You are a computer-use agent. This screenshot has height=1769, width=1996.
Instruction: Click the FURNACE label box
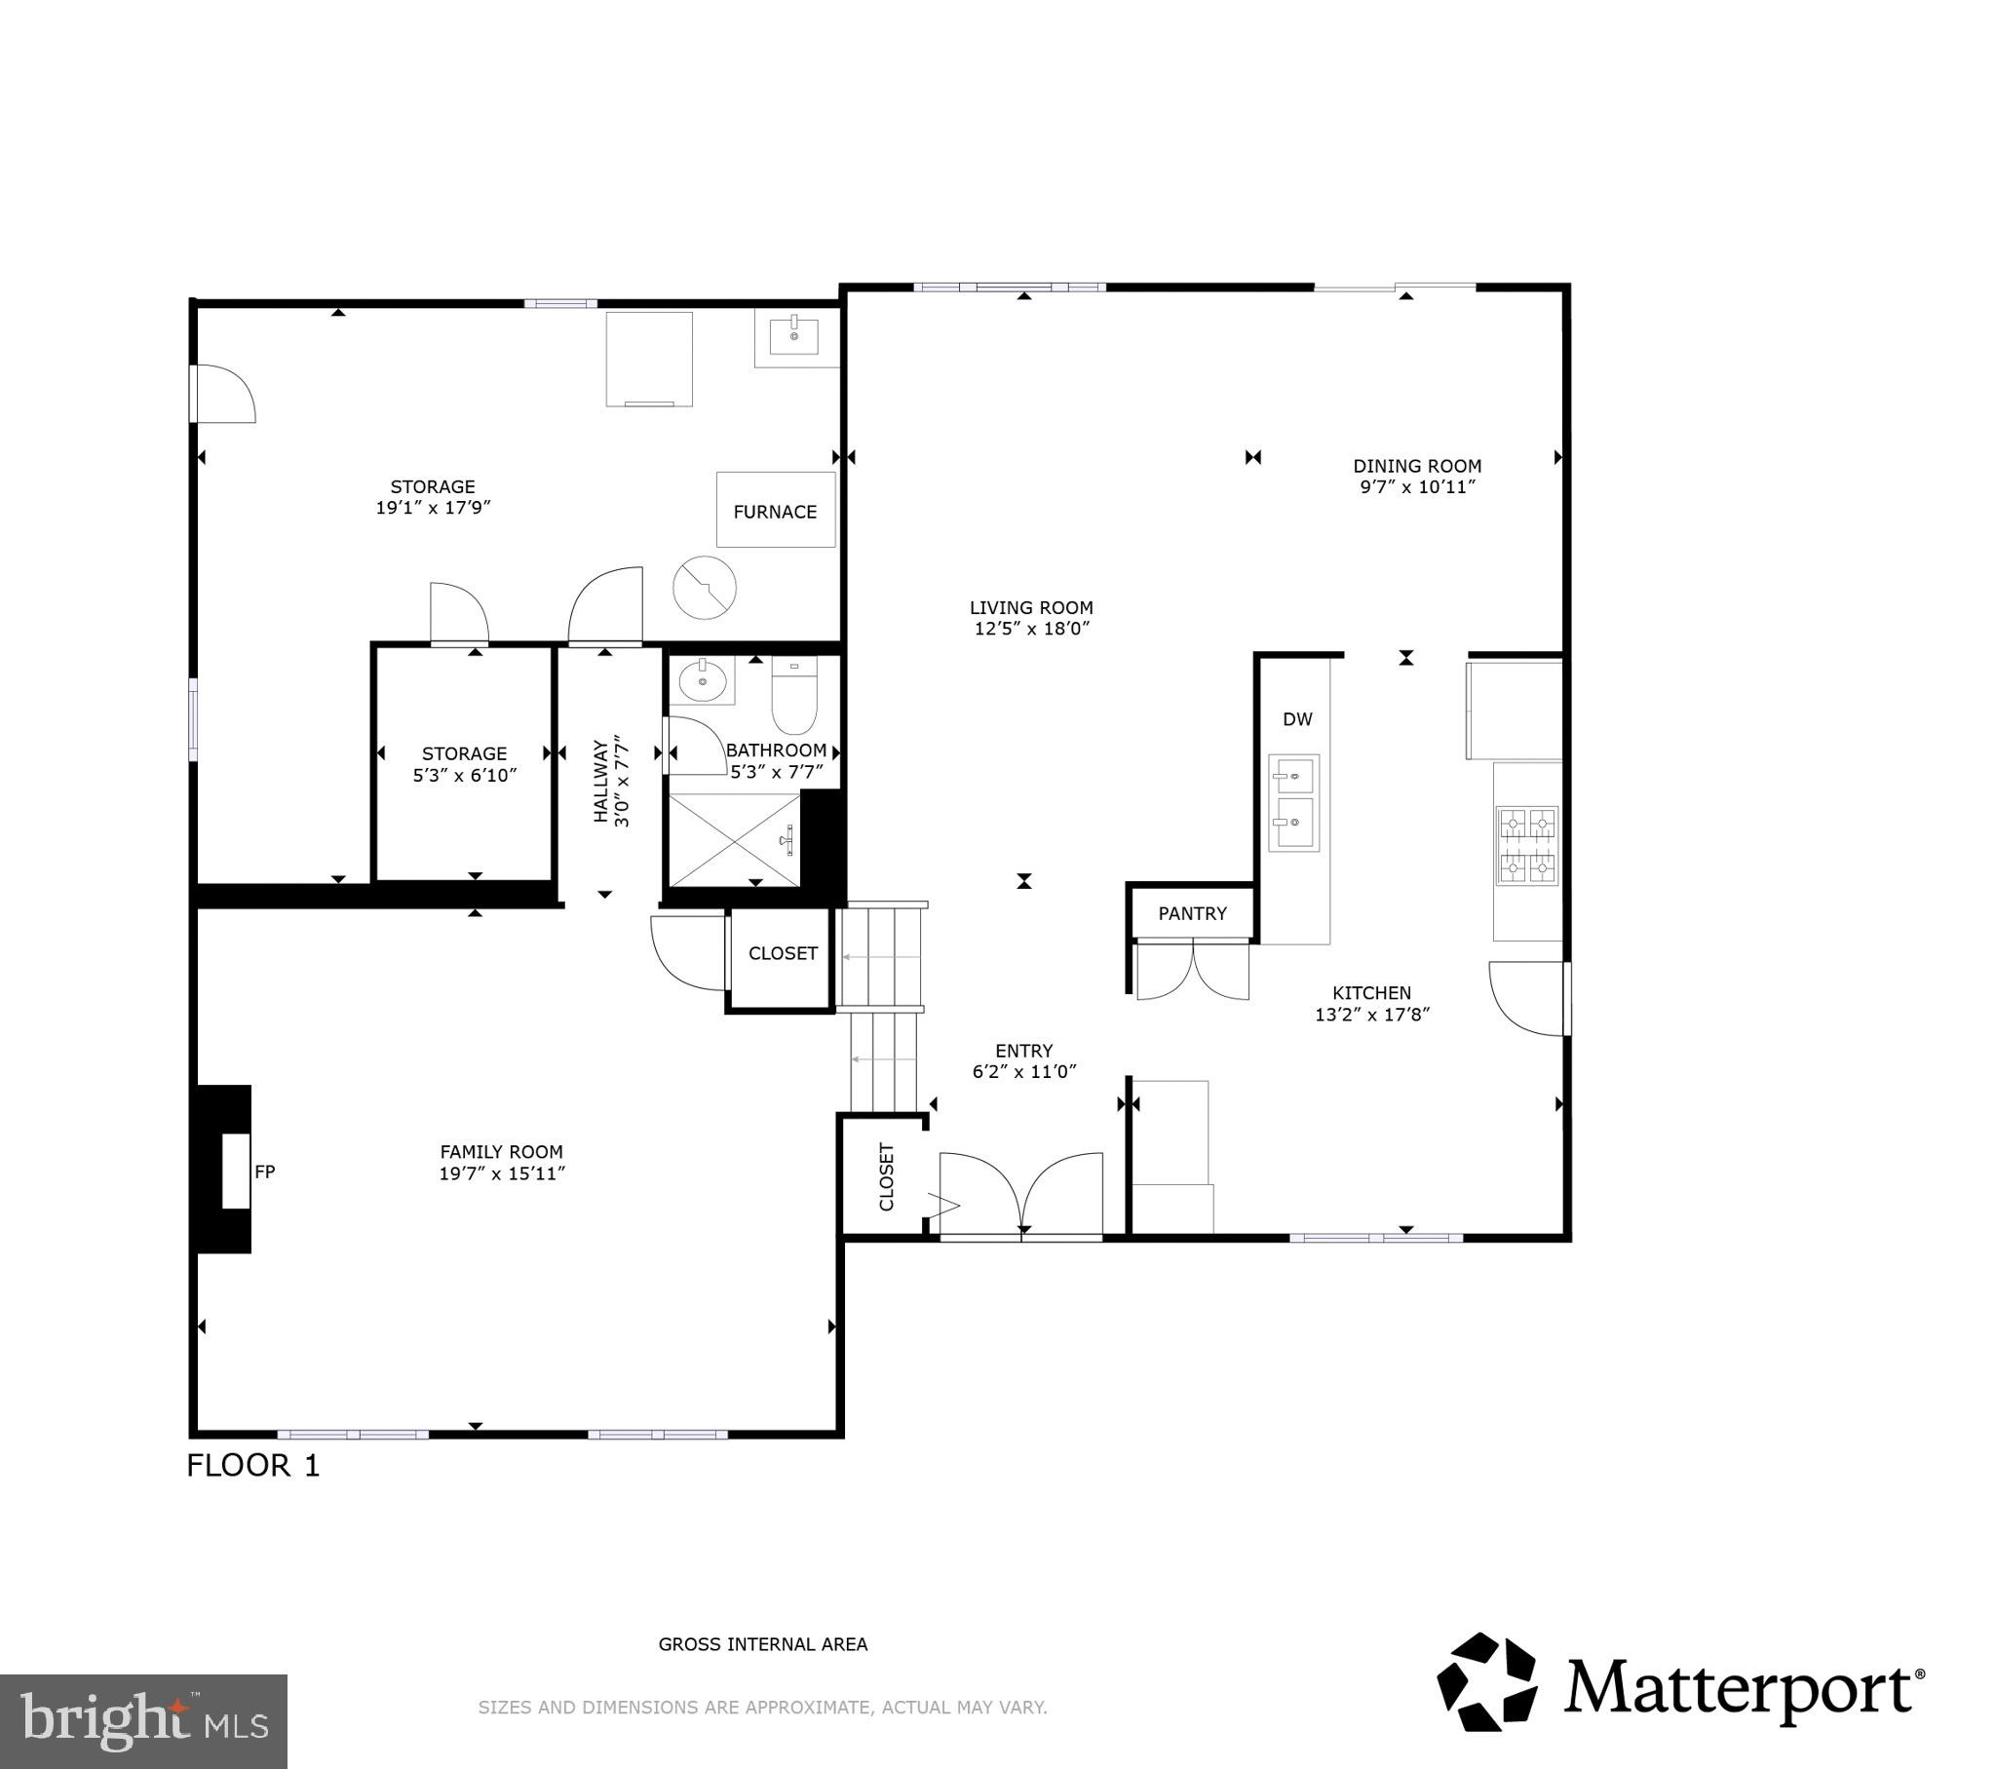coord(776,510)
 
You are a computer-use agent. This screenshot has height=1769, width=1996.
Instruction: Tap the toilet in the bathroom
coord(794,696)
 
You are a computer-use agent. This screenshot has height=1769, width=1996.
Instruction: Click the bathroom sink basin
coord(701,680)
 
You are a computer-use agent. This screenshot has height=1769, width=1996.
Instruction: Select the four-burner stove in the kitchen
coord(1527,846)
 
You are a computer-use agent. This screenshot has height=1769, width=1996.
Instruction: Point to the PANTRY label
coord(1191,913)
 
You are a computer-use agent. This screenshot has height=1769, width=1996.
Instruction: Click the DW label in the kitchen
coord(1297,719)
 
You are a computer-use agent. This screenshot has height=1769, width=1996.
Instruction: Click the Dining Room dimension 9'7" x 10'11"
coord(1417,487)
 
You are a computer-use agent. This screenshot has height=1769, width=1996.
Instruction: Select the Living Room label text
coord(1031,606)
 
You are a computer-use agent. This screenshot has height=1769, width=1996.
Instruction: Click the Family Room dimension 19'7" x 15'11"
coord(502,1173)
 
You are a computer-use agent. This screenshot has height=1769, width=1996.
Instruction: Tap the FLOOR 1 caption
coord(253,1465)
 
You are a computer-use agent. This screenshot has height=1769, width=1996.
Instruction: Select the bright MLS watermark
coord(143,1720)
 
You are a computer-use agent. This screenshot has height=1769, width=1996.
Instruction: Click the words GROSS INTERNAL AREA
coord(763,1644)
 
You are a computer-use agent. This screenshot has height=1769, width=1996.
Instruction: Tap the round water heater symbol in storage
coord(704,588)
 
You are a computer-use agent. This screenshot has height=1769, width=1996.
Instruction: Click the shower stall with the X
coord(732,840)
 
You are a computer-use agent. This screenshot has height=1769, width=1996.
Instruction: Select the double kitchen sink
coord(1293,802)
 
